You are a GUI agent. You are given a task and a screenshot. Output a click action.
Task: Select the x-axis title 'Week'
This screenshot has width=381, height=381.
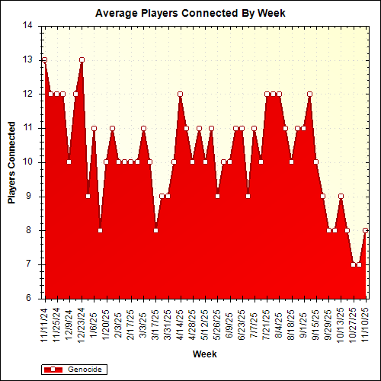coord(204,354)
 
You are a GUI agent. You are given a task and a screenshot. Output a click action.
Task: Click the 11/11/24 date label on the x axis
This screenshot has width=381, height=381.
coord(45,321)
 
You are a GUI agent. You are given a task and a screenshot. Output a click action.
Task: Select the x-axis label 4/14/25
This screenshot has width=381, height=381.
coord(181,321)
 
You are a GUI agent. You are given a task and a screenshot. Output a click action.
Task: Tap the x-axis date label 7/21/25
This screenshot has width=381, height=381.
coord(267,321)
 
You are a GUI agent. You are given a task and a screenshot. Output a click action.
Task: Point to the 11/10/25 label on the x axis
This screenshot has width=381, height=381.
coord(366,321)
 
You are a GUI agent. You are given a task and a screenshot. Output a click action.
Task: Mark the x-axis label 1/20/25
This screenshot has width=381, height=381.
coord(107,321)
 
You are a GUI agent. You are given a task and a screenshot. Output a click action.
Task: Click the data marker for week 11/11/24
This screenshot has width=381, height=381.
coord(44,59)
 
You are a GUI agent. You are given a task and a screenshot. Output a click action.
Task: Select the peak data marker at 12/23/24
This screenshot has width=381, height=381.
coord(82,59)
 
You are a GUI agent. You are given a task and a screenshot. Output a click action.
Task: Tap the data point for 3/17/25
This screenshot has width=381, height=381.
coord(155,230)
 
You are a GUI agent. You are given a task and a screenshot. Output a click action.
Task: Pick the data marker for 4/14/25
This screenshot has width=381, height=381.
coord(181,94)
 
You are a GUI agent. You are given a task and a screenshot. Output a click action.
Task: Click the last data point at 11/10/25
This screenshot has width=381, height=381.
coord(366,230)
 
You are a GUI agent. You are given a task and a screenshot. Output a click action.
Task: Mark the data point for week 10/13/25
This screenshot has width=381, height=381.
coord(341,196)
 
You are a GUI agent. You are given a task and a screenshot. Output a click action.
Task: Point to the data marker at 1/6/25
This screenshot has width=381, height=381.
coord(94,128)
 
